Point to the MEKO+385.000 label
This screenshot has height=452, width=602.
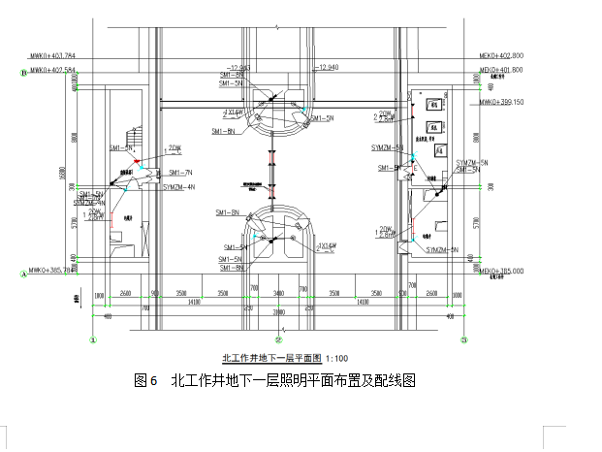500,271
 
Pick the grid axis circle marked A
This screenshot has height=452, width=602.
21,274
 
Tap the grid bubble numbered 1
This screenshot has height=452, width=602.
93,340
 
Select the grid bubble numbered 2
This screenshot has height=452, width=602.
278,340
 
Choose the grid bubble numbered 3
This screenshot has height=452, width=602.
463,340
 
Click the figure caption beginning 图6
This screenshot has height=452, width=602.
274,381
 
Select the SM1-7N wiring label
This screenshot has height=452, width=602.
177,172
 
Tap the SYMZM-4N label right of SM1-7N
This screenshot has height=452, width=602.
178,185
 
